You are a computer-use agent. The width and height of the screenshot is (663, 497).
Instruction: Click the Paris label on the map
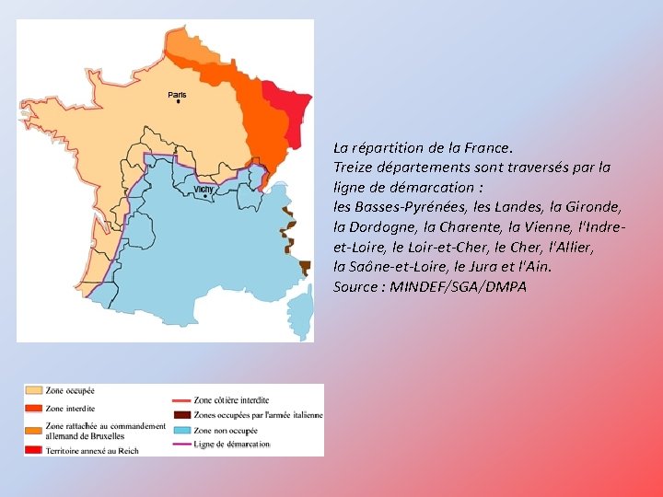[x=177, y=95]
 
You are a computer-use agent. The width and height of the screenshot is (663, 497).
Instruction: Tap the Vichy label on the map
[x=204, y=190]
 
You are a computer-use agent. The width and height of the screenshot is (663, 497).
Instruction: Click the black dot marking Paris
[x=178, y=102]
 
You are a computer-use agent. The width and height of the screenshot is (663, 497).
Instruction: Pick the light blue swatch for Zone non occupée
[x=180, y=429]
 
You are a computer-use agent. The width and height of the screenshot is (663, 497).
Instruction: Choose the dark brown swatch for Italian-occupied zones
[x=180, y=415]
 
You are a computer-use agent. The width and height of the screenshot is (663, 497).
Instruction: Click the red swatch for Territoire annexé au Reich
[x=34, y=449]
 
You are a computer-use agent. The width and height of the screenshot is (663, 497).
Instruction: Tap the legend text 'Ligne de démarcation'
[x=232, y=444]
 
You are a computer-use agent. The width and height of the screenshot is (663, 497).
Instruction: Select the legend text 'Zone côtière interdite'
[x=231, y=400]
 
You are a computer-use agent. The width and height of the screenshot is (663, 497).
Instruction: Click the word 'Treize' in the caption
[x=355, y=168]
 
